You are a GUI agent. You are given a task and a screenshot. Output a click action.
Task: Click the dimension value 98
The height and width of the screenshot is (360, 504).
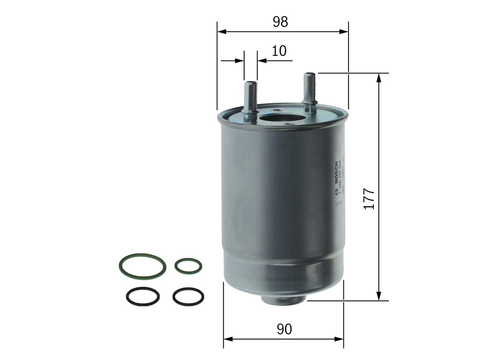281,22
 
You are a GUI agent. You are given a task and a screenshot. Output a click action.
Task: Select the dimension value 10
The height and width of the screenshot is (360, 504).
279,51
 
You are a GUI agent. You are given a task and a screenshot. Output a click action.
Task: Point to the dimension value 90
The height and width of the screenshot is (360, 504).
284,329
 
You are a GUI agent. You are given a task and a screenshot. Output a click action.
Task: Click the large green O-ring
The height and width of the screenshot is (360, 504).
142,266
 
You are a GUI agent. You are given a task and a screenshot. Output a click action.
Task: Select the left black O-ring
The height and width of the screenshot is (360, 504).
143,296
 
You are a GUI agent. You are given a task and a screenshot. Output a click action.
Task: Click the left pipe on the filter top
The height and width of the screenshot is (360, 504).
250,98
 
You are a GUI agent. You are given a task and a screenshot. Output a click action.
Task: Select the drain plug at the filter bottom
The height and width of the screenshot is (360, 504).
283,299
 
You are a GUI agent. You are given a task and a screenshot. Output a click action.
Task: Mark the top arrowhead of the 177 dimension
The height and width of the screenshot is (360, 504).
379,78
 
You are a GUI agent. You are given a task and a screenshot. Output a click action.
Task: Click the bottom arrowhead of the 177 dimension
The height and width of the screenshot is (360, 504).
379,296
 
